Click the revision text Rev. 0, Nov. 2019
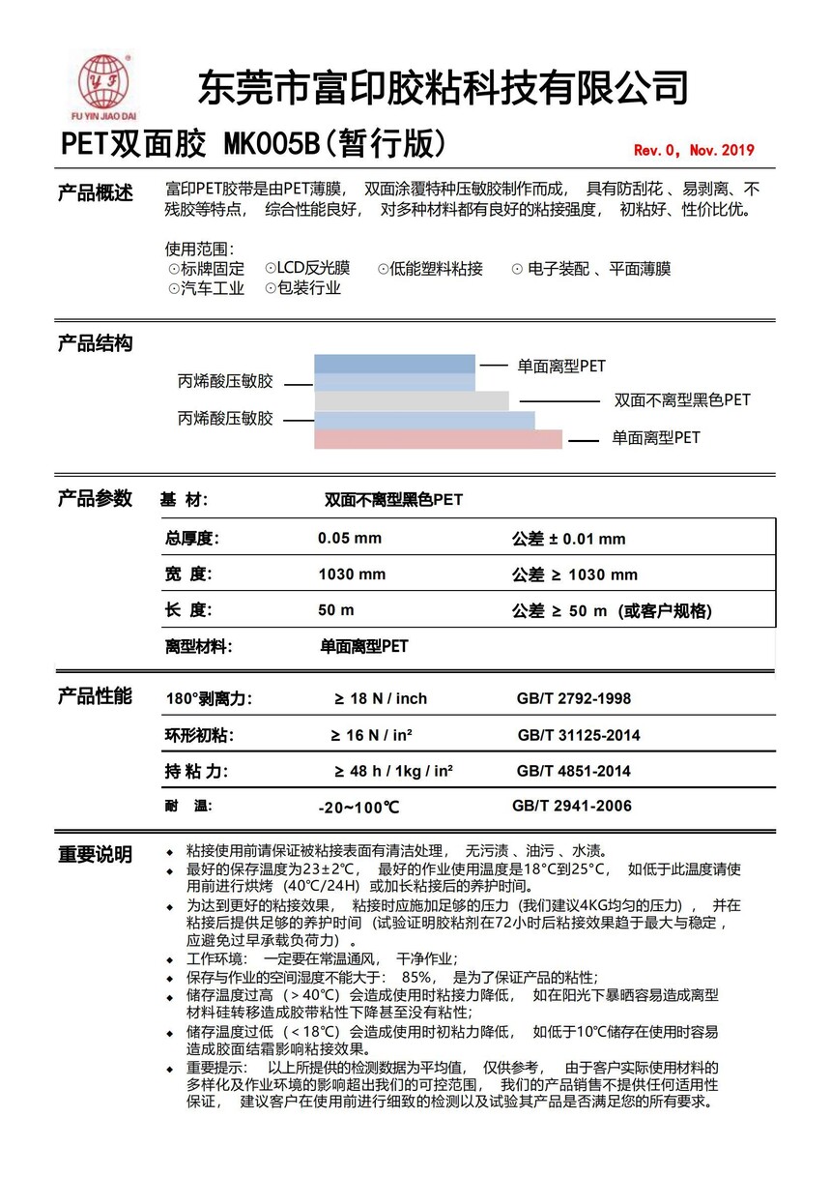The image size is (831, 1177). (x=693, y=150)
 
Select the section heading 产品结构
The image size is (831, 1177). (x=95, y=343)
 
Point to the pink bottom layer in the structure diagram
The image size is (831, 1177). (x=438, y=439)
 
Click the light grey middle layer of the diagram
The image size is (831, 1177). (x=412, y=400)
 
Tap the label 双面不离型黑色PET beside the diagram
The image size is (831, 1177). (x=682, y=399)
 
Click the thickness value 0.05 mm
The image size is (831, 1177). (x=350, y=539)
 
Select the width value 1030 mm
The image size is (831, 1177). (x=352, y=574)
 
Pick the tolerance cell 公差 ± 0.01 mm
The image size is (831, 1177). (x=568, y=539)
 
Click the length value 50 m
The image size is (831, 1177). (x=336, y=610)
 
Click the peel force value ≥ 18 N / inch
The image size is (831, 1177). (x=381, y=698)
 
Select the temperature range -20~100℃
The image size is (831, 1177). (x=358, y=807)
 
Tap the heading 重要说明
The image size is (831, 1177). (x=95, y=854)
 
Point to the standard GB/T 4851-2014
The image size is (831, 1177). (x=574, y=771)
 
